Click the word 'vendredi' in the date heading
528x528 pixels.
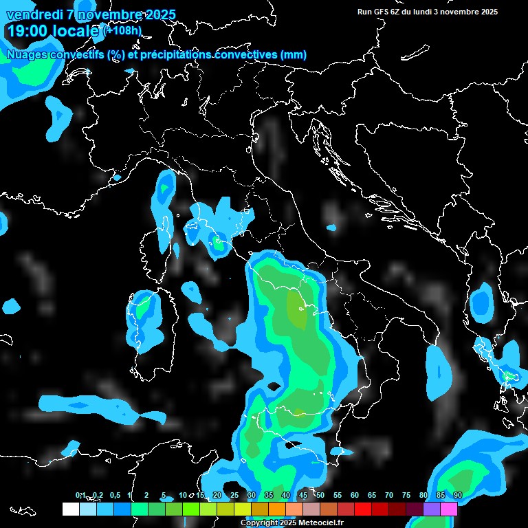coord(34,14)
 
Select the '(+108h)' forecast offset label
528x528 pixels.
coord(122,30)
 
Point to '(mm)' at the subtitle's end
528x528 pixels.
coord(293,54)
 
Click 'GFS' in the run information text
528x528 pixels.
coord(380,12)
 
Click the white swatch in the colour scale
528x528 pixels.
coord(70,509)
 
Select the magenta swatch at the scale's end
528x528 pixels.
coord(449,509)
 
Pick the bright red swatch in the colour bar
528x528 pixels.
coord(363,509)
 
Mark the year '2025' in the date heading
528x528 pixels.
coord(157,14)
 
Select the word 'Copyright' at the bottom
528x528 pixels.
coord(258,523)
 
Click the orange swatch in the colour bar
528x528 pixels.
coord(277,509)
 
